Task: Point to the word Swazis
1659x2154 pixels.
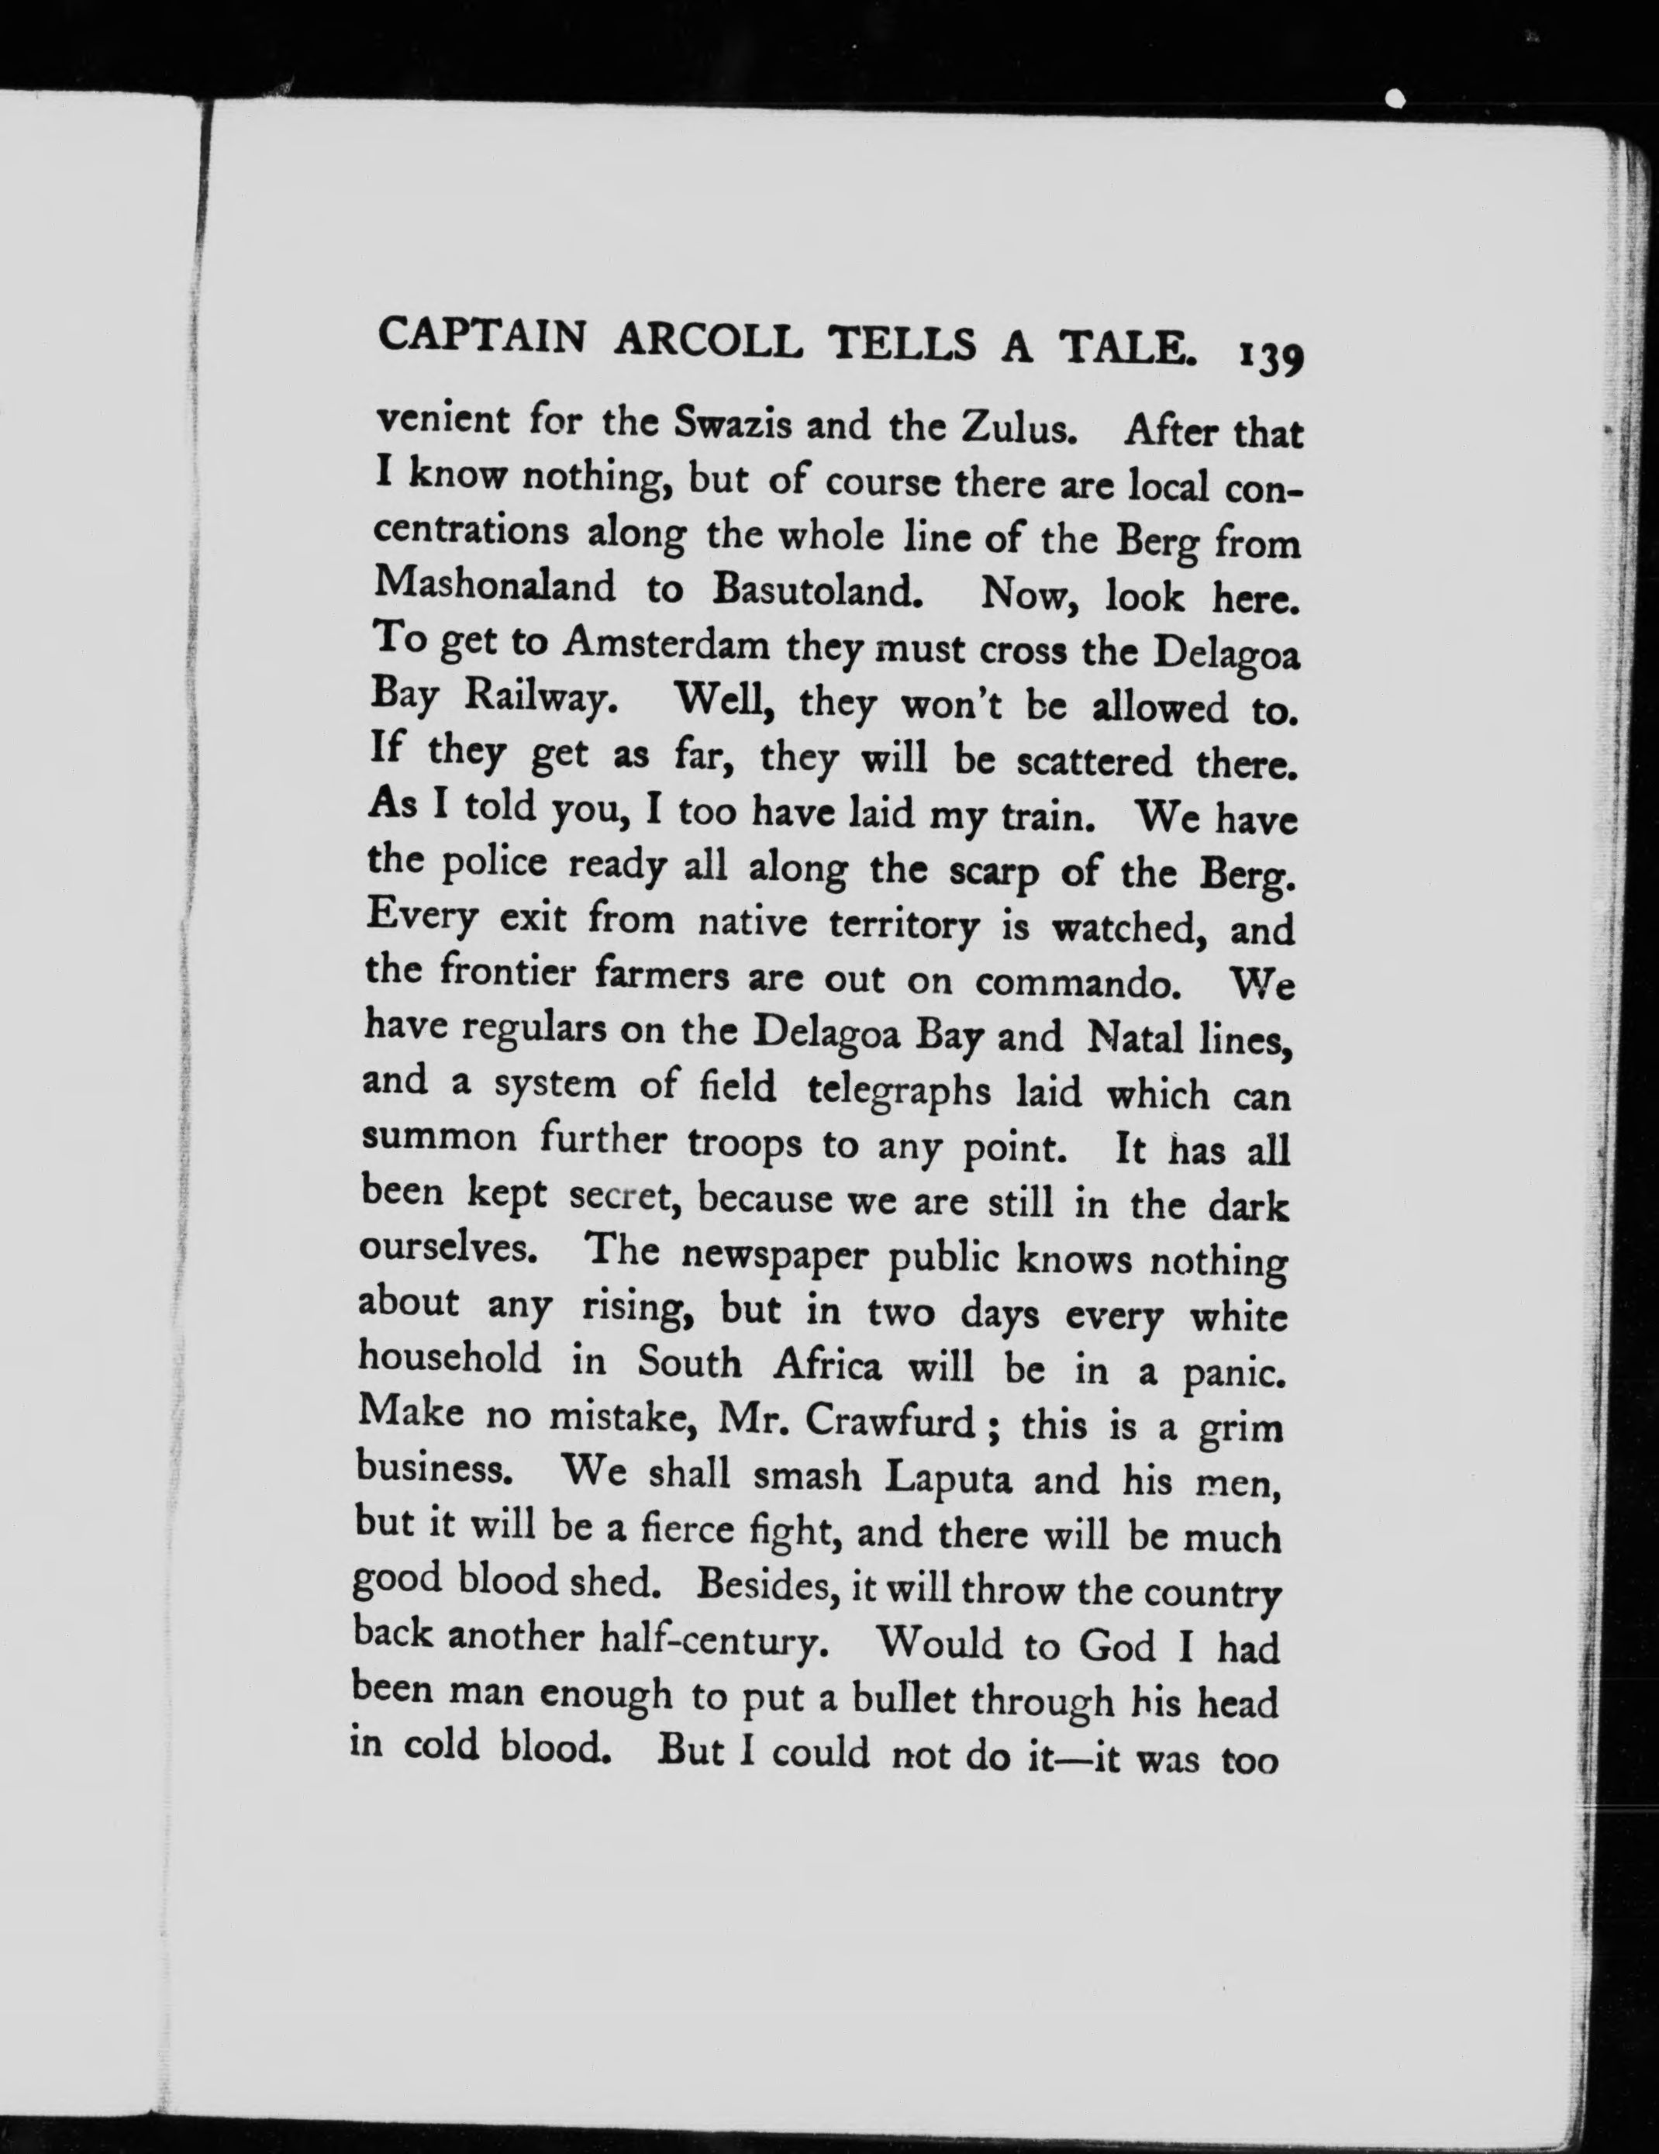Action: [733, 422]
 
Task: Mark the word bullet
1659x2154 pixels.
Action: [903, 1698]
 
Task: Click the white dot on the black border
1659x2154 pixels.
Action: [1395, 98]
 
